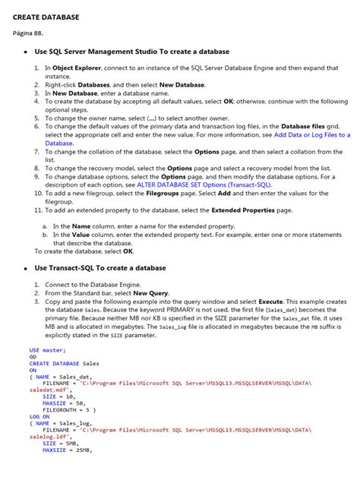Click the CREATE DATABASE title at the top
coord(46,16)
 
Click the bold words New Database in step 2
coord(182,84)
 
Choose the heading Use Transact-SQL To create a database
coord(100,267)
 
